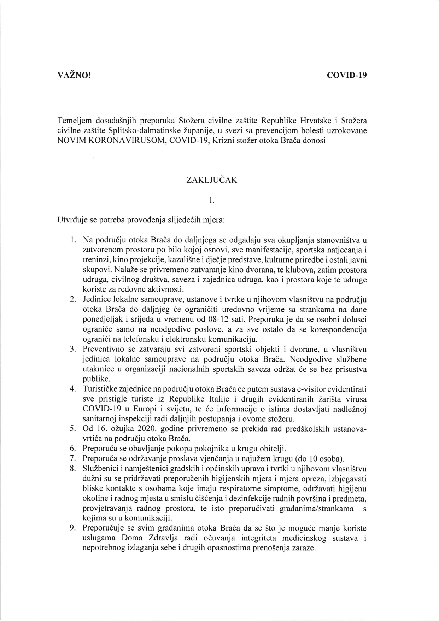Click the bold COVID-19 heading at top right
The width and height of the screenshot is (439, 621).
click(347, 75)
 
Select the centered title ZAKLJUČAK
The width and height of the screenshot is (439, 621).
click(212, 180)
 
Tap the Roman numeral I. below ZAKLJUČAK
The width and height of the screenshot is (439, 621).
click(211, 201)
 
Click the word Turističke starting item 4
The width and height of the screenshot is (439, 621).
click(103, 389)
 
